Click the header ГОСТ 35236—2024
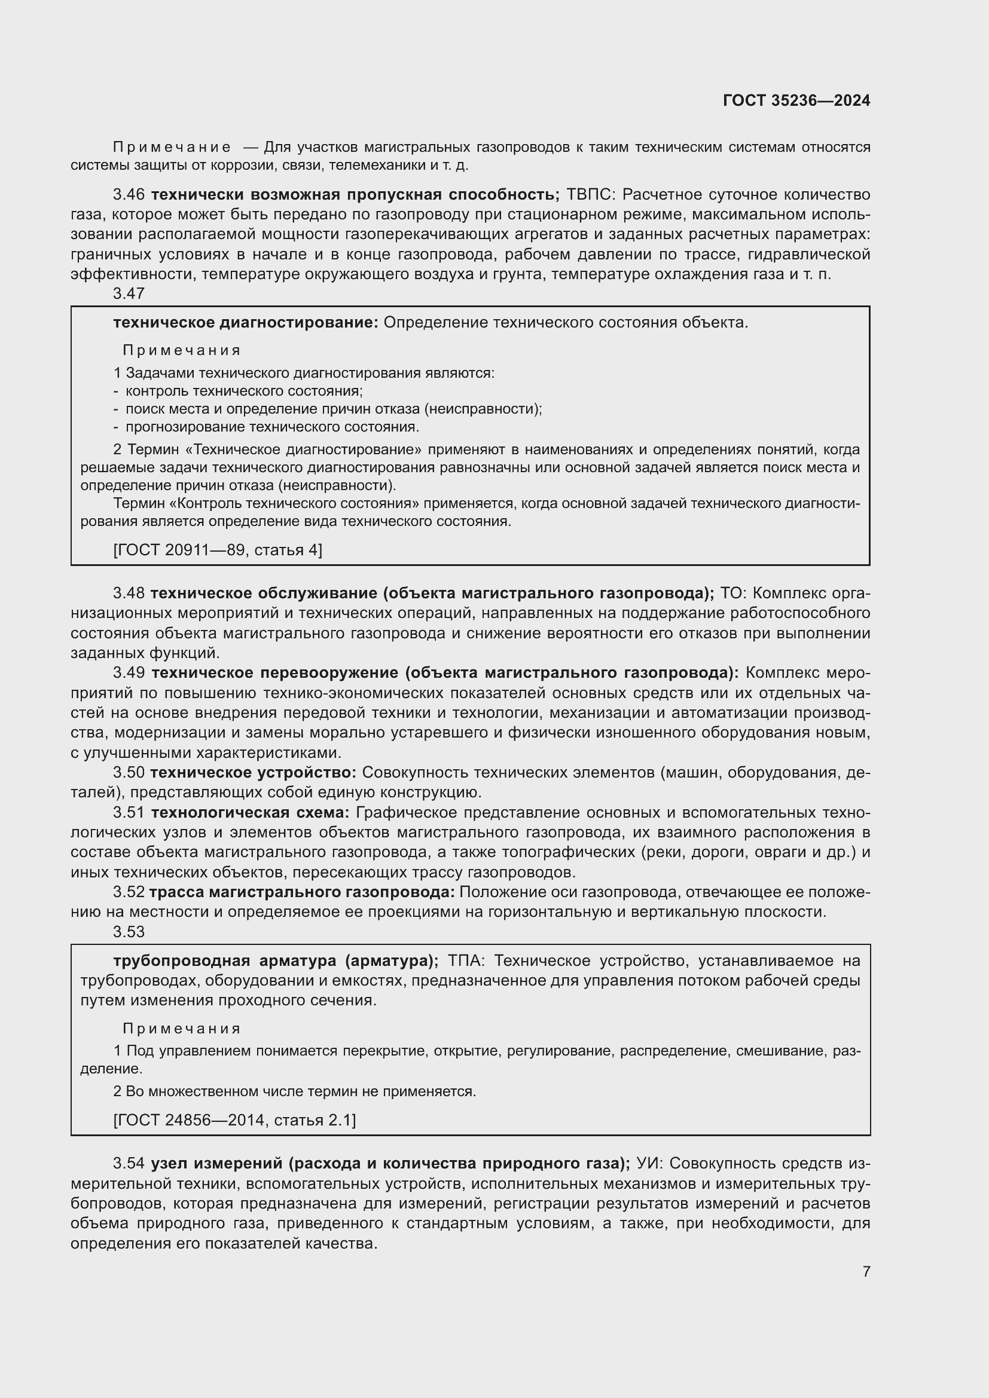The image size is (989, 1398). point(796,100)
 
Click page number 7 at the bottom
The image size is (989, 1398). point(866,1271)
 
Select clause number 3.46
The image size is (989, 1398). point(129,195)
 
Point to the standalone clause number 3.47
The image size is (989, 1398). point(129,293)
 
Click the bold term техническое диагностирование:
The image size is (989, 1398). point(245,323)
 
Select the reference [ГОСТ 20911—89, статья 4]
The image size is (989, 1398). point(218,550)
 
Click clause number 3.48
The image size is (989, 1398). point(129,593)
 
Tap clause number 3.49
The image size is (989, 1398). point(129,673)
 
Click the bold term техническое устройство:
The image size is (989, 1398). point(254,773)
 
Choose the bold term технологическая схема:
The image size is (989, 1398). point(251,812)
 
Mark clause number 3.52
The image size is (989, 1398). point(129,892)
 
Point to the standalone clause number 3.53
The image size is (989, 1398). point(129,932)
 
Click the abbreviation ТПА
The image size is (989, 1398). point(466,961)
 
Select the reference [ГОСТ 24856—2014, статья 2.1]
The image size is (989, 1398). point(234,1119)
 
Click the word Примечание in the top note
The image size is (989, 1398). point(172,148)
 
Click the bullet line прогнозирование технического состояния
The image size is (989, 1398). point(272,427)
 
